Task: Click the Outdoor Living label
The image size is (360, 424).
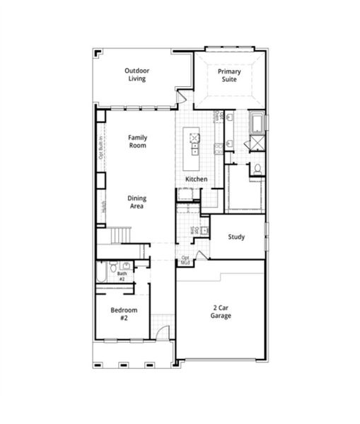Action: [137, 74]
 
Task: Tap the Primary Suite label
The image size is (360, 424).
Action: [228, 76]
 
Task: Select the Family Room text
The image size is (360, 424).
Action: [137, 141]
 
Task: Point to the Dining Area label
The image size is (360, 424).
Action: [137, 202]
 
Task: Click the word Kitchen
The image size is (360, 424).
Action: [196, 179]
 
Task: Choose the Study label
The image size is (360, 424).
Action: [236, 237]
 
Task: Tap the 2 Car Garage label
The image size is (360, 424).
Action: [221, 312]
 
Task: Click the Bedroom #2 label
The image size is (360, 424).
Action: [124, 314]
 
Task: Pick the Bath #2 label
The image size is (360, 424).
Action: [121, 276]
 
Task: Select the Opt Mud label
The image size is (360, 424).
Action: [185, 260]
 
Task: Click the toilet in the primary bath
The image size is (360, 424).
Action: [257, 168]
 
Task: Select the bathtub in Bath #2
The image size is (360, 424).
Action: [101, 271]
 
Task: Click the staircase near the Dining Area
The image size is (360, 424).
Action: [121, 233]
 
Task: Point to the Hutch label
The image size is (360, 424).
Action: [103, 207]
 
